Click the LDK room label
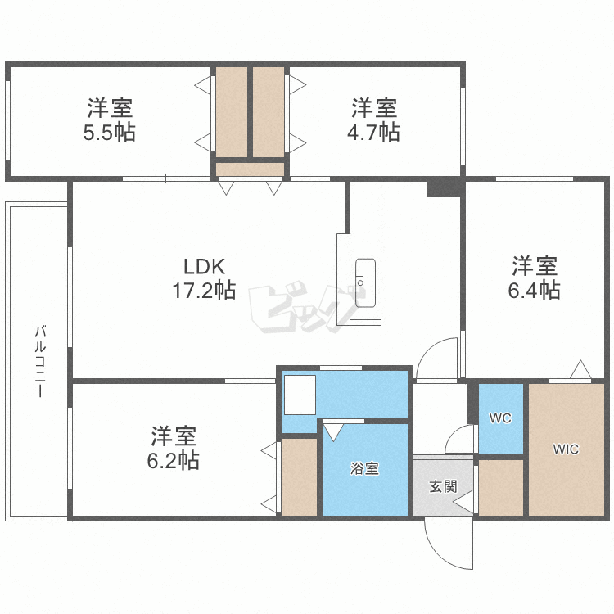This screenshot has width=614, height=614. (205, 267)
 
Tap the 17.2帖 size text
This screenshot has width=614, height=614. (204, 291)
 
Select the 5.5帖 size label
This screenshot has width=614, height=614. (110, 133)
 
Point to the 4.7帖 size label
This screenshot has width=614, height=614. (373, 132)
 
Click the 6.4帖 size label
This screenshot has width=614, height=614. (534, 290)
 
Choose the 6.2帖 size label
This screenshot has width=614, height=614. (174, 460)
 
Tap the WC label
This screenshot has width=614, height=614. (500, 418)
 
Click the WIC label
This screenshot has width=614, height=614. (566, 449)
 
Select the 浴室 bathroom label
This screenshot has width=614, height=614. (364, 468)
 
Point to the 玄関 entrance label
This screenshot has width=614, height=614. (443, 486)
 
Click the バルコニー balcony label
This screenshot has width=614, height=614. (40, 361)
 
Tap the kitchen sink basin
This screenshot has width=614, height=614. (365, 282)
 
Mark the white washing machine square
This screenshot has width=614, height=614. (300, 395)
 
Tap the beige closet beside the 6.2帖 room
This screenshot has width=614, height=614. (299, 477)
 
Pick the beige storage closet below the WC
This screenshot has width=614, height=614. (501, 488)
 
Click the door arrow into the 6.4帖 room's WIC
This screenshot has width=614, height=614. (580, 369)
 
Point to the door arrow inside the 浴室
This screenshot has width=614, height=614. (334, 432)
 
